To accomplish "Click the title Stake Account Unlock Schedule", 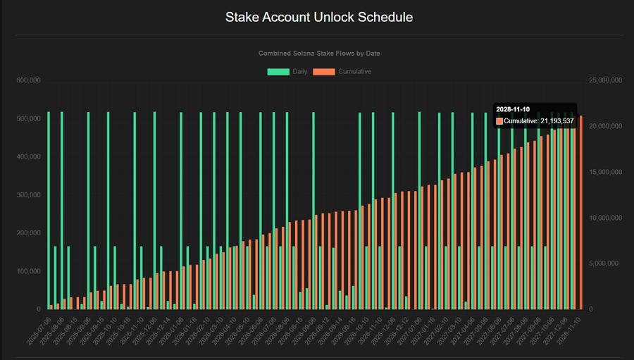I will pos(319,17).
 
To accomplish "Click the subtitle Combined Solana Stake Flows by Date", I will pos(319,54).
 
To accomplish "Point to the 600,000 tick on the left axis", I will pos(28,80).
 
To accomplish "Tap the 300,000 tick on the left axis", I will pos(28,195).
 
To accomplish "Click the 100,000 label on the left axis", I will pos(28,271).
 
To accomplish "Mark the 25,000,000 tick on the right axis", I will pos(606,80).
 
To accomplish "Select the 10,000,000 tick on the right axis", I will pos(606,218).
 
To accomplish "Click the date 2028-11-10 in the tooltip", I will pos(513,109).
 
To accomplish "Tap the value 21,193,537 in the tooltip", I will pos(557,121).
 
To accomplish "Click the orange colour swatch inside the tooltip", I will pos(500,121).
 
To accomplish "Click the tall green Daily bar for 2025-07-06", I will pos(49,211).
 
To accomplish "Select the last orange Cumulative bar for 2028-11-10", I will pos(580,211).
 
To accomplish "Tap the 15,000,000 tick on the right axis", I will pos(606,172).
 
